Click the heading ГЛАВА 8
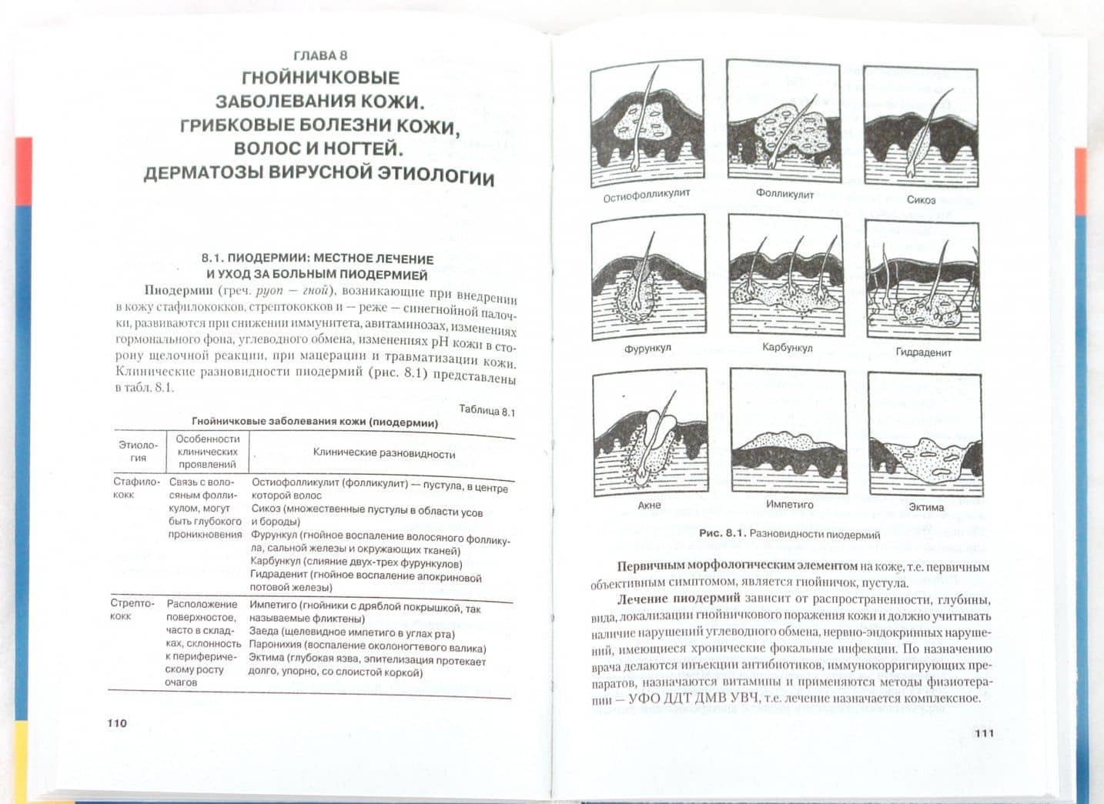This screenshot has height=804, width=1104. click(x=320, y=55)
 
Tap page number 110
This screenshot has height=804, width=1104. click(x=117, y=723)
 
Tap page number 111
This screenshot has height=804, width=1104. click(x=984, y=733)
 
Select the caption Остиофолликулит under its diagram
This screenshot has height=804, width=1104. click(x=647, y=195)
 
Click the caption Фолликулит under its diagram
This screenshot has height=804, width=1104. click(x=785, y=194)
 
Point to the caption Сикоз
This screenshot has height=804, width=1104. click(x=921, y=199)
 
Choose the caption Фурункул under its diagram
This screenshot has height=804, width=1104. click(x=647, y=348)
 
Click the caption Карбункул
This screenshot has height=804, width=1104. click(x=787, y=347)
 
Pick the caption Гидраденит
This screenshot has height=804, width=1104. click(x=924, y=352)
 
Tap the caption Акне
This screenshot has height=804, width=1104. click(x=649, y=505)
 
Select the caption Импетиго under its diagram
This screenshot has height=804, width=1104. click(x=790, y=504)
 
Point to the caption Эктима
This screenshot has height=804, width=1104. click(x=926, y=507)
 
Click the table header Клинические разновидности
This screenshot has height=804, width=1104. click(x=384, y=453)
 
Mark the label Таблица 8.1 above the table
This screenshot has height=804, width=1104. click(x=487, y=410)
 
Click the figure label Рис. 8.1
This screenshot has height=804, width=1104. click(x=723, y=533)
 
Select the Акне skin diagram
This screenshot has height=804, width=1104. click(x=651, y=432)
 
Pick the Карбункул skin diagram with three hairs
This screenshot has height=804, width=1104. click(x=786, y=276)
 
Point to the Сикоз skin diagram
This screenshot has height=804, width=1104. click(x=921, y=127)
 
